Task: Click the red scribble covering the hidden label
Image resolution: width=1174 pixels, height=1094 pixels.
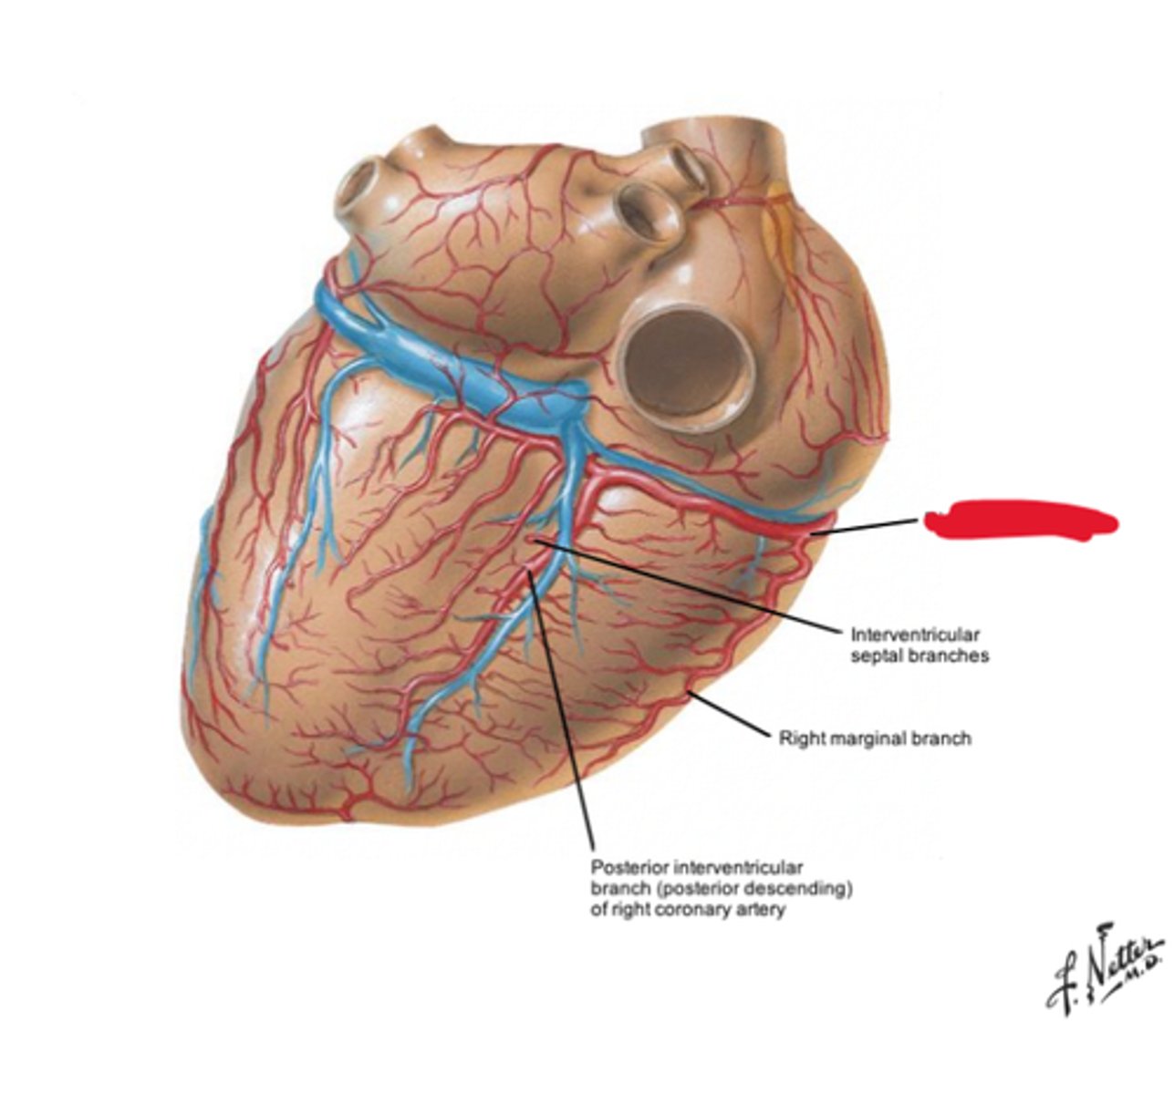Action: tap(1020, 521)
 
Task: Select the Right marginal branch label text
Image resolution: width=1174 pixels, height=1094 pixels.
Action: tap(874, 738)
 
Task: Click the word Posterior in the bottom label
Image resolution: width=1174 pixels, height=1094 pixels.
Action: tap(626, 869)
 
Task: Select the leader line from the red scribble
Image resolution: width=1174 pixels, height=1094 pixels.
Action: tap(867, 526)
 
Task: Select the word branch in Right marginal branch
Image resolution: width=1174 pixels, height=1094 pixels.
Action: tap(944, 738)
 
